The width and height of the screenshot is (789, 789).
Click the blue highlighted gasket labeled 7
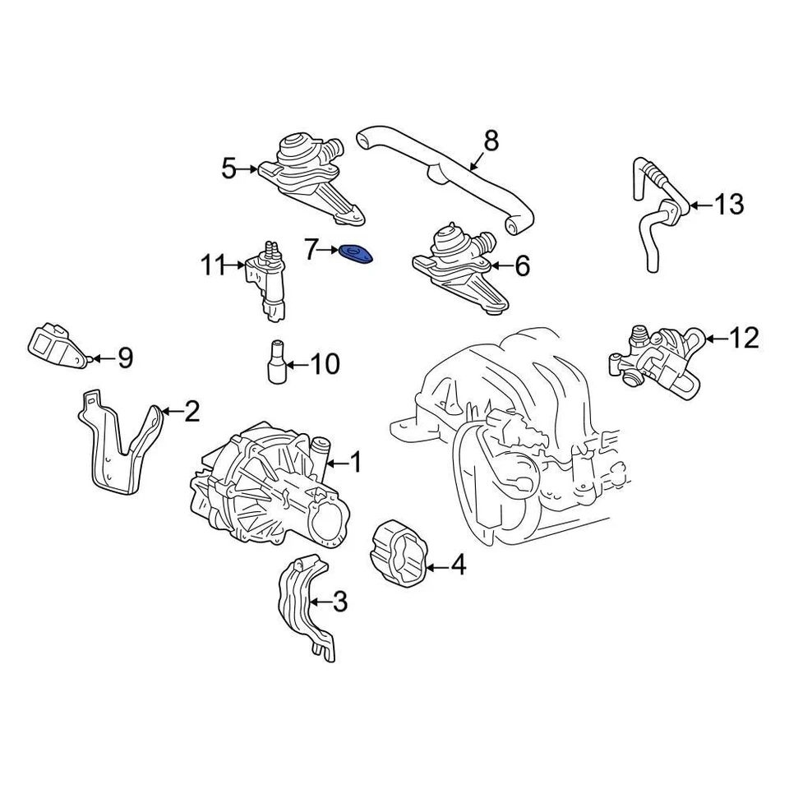click(x=357, y=254)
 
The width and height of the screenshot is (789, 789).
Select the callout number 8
click(x=491, y=141)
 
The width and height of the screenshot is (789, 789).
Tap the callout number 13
click(x=728, y=204)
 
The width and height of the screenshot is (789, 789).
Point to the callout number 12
click(x=745, y=338)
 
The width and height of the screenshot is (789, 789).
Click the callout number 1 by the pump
click(x=356, y=464)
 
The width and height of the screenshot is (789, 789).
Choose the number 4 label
click(x=458, y=565)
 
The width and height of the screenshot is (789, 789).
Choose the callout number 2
click(x=191, y=411)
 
